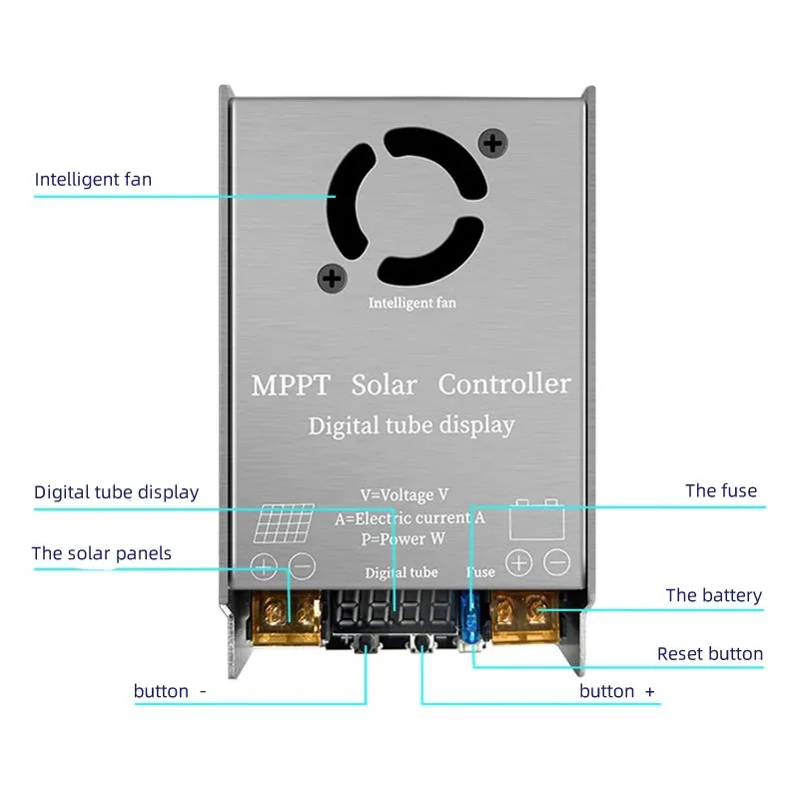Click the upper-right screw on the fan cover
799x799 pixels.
(x=491, y=143)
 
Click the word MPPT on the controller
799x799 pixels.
(x=289, y=386)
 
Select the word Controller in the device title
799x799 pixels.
(x=504, y=385)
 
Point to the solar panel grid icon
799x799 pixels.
(x=284, y=520)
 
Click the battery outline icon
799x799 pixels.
(x=537, y=521)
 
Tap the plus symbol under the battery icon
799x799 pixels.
(x=518, y=563)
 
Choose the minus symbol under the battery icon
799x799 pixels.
(x=557, y=563)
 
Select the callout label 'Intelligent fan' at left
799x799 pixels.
(x=93, y=180)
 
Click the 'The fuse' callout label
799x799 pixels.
(x=720, y=490)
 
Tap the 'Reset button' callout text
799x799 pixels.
(x=709, y=654)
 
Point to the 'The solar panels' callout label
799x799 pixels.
(x=101, y=553)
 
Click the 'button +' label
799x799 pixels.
(x=617, y=691)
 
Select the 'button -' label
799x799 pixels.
(x=170, y=691)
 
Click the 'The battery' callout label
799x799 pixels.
(x=713, y=595)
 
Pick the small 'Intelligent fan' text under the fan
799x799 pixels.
(x=411, y=303)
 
